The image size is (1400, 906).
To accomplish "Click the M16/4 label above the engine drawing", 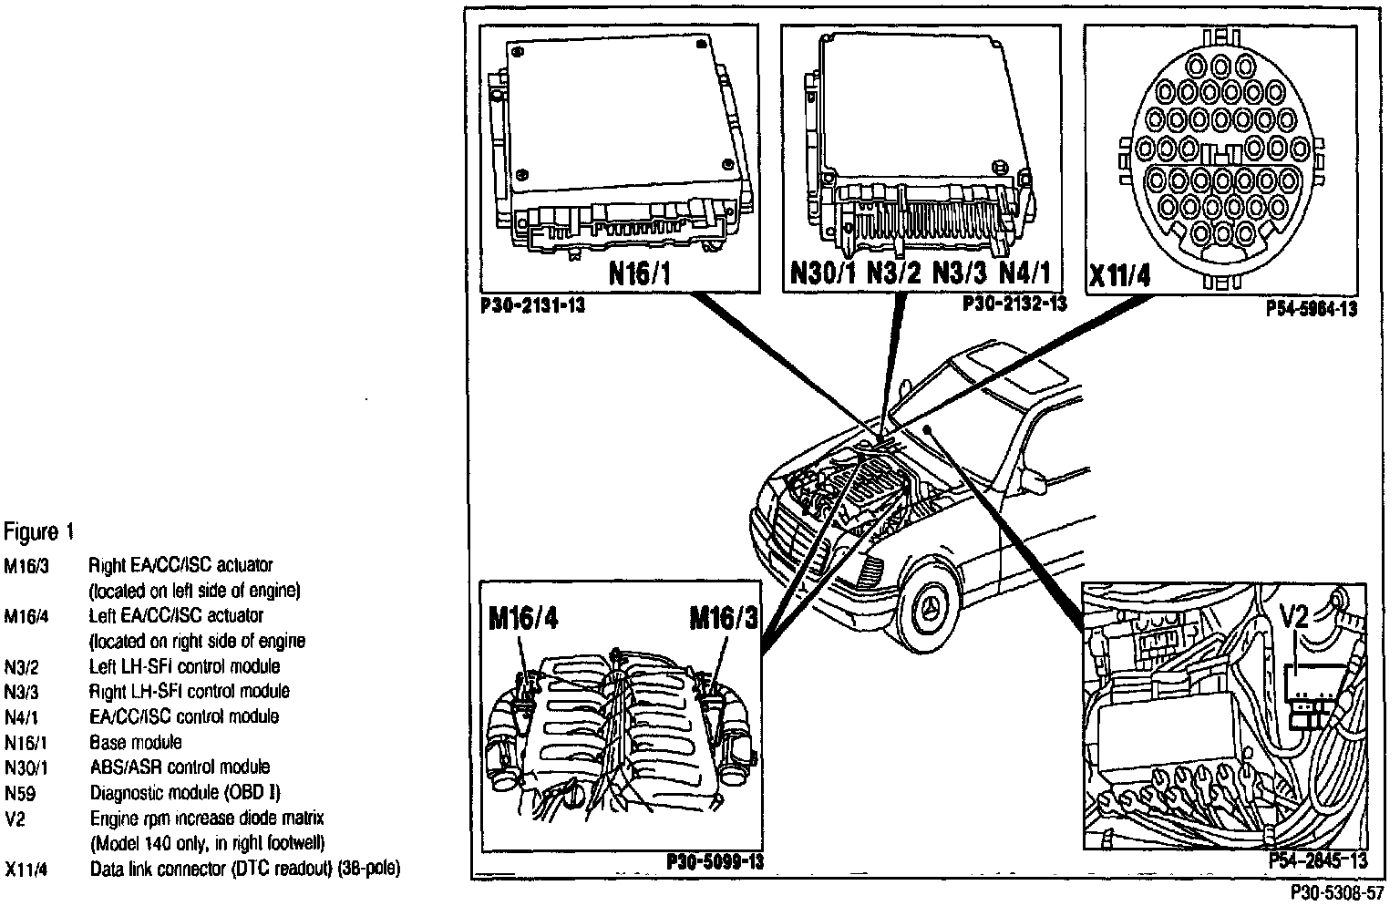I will point(523,619).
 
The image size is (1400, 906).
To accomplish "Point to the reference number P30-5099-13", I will point(715,862).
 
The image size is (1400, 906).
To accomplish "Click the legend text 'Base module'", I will point(135,742).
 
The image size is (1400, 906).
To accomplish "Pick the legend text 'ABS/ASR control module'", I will point(180,767).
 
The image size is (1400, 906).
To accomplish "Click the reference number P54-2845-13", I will point(1318,862).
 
